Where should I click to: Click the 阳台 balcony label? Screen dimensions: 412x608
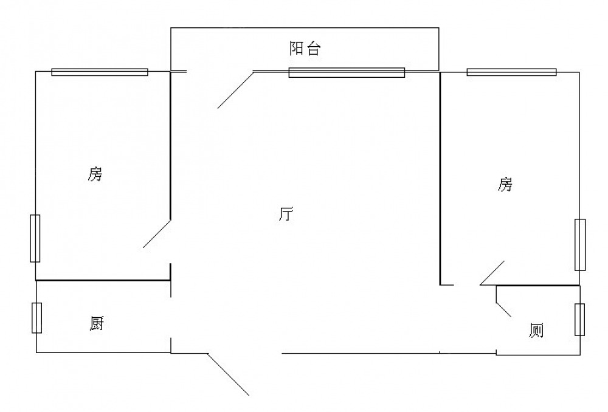(x=304, y=49)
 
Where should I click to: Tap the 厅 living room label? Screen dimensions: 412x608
(x=286, y=215)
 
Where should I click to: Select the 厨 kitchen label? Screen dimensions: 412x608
(x=96, y=324)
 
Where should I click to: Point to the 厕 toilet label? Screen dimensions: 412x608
(x=536, y=331)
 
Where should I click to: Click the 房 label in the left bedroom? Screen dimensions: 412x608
(x=95, y=175)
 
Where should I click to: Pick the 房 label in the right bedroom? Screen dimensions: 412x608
(x=505, y=184)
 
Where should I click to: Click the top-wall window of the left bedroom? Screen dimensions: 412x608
(x=100, y=72)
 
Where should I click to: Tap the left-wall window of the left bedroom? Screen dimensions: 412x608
(x=35, y=238)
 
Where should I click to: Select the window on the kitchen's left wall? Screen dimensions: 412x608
(x=36, y=317)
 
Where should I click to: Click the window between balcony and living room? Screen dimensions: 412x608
(x=347, y=73)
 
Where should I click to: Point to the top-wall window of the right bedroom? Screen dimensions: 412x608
(x=511, y=72)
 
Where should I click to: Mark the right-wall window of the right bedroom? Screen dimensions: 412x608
(x=580, y=244)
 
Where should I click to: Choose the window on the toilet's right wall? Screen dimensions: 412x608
(x=580, y=319)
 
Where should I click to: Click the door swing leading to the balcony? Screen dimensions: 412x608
(x=235, y=90)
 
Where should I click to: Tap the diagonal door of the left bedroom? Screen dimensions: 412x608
(x=156, y=233)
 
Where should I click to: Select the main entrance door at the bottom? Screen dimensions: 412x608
(x=228, y=374)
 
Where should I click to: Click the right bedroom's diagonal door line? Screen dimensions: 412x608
(x=492, y=273)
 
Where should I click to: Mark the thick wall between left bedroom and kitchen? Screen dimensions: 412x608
(x=103, y=280)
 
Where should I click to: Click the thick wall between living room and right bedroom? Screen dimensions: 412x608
(x=440, y=176)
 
